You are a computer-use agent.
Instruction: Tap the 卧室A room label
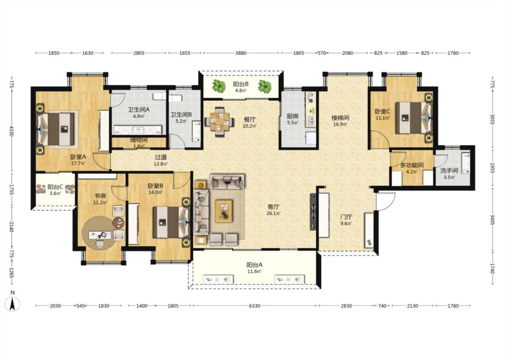click(x=78, y=157)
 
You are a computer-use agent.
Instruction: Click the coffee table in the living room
click(x=224, y=211)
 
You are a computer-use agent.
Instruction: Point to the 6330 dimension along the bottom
click(x=254, y=306)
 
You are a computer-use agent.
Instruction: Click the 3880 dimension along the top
click(x=241, y=53)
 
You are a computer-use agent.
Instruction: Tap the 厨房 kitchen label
click(x=293, y=116)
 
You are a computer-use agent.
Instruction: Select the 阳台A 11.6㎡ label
click(x=255, y=268)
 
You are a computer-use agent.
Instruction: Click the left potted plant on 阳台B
click(x=219, y=86)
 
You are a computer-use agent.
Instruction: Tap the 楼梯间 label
click(x=340, y=118)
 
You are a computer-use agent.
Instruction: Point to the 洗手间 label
click(x=449, y=171)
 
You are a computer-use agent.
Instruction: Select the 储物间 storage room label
click(x=139, y=140)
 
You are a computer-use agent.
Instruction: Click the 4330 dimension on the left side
click(x=12, y=131)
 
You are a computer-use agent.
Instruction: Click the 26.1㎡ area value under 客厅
click(x=273, y=213)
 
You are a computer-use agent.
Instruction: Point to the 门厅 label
click(x=345, y=216)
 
